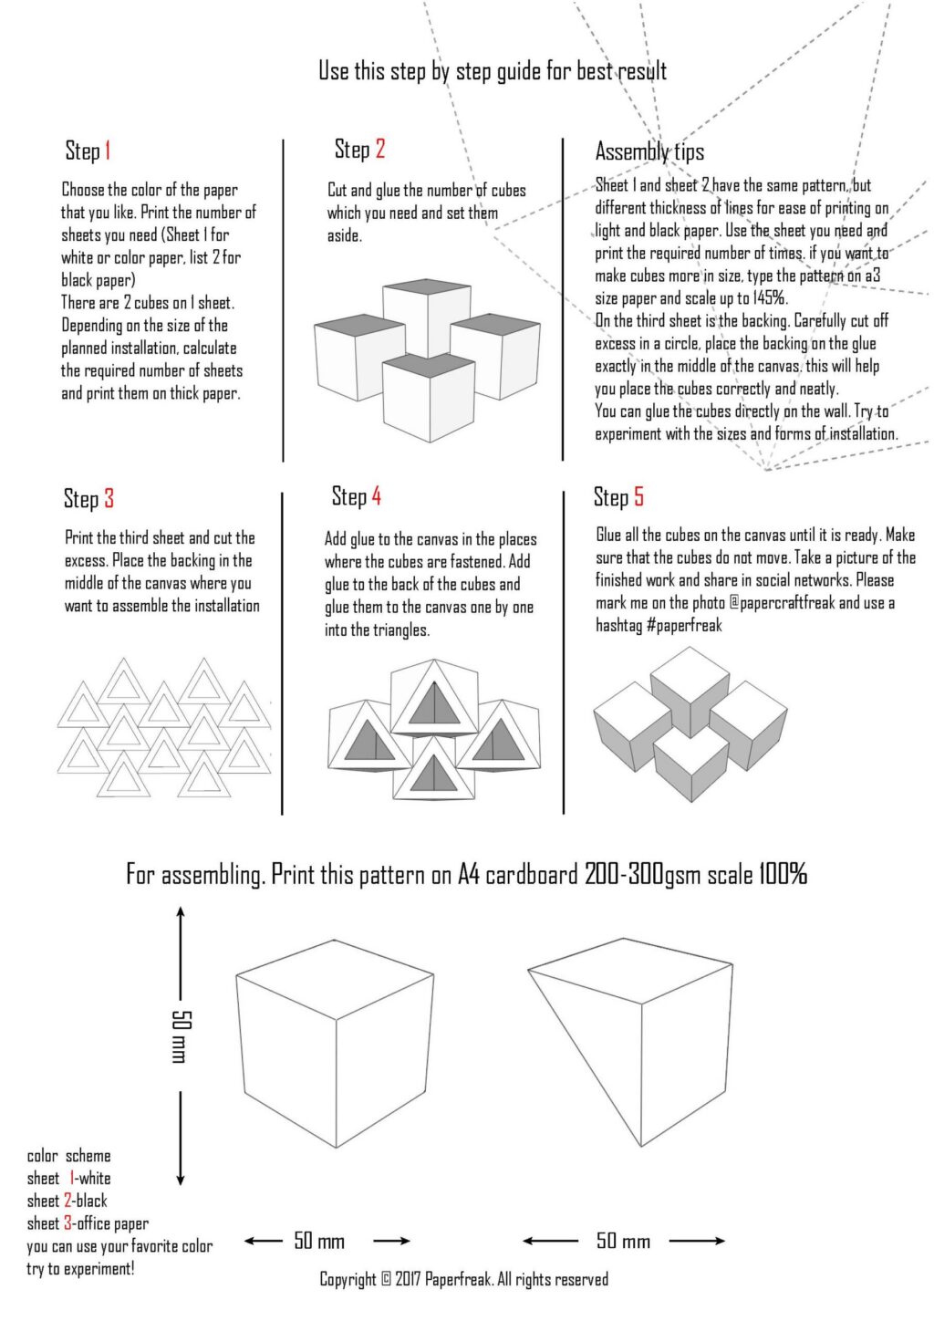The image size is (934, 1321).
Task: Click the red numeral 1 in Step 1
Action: point(108,151)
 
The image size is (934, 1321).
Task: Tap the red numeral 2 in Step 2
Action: point(379,149)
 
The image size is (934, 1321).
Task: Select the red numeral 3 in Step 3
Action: point(109,498)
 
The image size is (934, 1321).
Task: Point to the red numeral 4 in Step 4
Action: point(376,496)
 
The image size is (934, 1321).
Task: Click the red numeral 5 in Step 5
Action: point(638,497)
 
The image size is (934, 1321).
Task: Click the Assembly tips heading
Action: point(649,151)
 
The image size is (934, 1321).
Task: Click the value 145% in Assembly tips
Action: point(770,298)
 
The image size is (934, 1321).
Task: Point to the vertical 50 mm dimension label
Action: point(180,1036)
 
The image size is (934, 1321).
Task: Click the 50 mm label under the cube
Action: point(319,1241)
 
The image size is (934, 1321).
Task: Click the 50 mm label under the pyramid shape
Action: point(623,1241)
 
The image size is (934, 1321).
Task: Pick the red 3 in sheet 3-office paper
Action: point(68,1223)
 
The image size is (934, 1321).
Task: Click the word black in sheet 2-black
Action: point(91,1201)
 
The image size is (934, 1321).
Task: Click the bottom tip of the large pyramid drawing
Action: point(636,1147)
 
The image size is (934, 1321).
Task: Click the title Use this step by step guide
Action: point(493,71)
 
